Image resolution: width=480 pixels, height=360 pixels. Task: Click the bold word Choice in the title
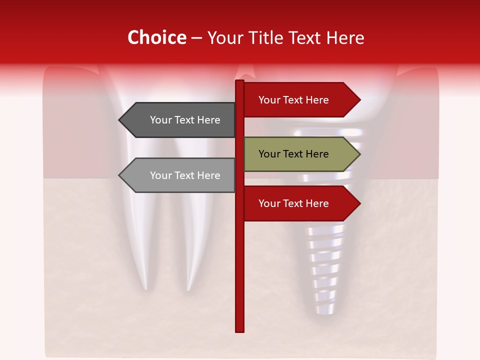point(156,37)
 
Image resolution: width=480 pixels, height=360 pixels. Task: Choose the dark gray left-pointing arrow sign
point(180,120)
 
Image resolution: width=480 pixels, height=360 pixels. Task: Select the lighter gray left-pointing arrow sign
point(180,175)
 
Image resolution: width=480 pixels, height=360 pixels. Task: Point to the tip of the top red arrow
point(359,100)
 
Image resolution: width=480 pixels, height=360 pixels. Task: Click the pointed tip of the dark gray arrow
point(119,120)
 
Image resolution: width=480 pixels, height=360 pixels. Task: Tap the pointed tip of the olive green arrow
point(359,154)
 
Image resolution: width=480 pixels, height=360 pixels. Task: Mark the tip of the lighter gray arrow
point(119,175)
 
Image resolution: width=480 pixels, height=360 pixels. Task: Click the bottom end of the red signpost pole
point(239,330)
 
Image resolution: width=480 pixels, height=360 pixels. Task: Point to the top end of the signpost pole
point(239,81)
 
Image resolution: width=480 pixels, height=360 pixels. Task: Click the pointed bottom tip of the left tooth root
point(145,288)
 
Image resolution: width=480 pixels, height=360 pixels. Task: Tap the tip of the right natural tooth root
point(188,289)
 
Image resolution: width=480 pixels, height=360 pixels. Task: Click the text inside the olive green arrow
point(293,154)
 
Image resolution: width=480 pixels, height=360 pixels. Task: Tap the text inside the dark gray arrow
point(185,120)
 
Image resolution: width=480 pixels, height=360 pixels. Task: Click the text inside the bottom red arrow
point(293,203)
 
